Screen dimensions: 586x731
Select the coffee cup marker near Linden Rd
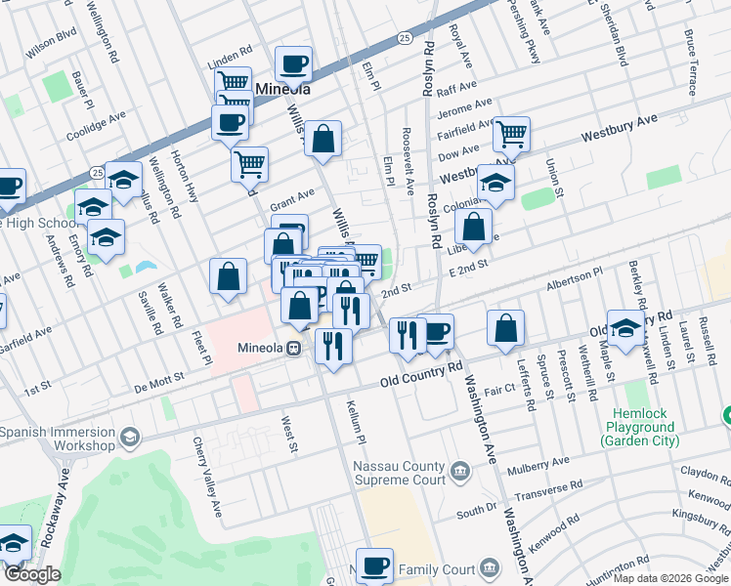293,65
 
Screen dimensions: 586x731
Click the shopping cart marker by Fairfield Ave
511,134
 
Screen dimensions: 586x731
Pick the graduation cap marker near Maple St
626,328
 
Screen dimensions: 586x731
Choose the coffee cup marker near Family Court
373,565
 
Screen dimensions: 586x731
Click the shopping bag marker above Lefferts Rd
505,329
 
